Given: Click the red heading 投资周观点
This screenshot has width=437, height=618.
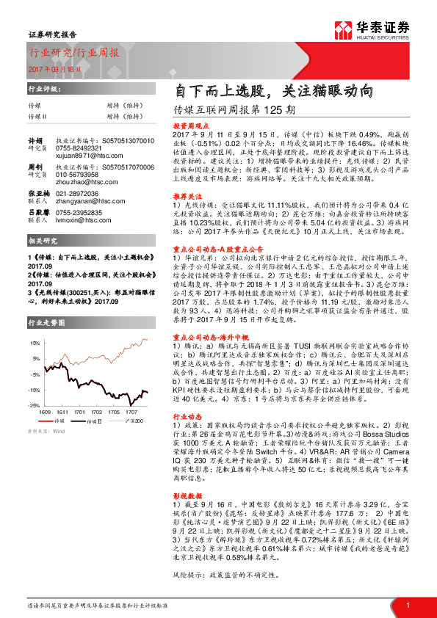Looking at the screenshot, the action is coord(189,126).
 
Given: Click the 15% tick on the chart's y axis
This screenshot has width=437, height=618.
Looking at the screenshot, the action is coord(35,343).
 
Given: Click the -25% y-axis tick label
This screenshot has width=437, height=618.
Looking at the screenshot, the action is coord(34,404).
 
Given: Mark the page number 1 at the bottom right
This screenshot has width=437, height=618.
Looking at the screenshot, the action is coord(408,605).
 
